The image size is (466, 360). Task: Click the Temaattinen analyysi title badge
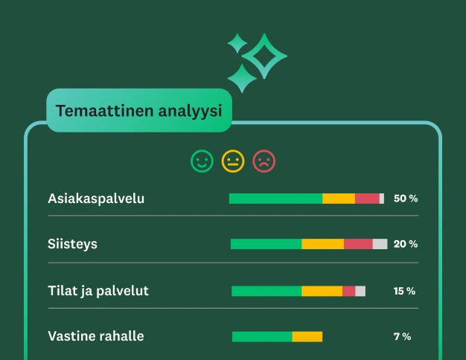pos(138,112)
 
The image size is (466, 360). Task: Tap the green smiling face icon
pos(202,161)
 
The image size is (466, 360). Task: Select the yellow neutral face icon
pos(233,161)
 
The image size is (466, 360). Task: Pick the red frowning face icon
pos(264,161)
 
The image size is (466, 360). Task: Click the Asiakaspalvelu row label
pos(96,199)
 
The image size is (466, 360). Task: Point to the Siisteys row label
pos(72,244)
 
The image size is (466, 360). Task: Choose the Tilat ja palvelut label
pos(98,291)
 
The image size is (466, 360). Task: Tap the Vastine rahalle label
pos(96,336)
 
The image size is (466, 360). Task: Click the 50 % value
pos(406,199)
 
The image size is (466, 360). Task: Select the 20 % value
pos(406,244)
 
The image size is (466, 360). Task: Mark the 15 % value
pos(404,291)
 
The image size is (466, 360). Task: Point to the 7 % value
pos(402,336)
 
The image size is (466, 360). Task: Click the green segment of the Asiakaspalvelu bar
pos(275,199)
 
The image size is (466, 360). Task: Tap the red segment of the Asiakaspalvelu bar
pos(367,199)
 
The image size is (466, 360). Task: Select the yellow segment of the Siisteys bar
pos(322,244)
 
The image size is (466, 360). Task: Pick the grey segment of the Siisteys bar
pos(380,244)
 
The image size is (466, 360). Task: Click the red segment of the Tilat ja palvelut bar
pos(348,291)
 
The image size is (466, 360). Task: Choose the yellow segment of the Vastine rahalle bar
pos(307,337)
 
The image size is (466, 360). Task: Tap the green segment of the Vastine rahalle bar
pos(262,337)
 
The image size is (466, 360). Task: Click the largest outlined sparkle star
pos(265,56)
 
